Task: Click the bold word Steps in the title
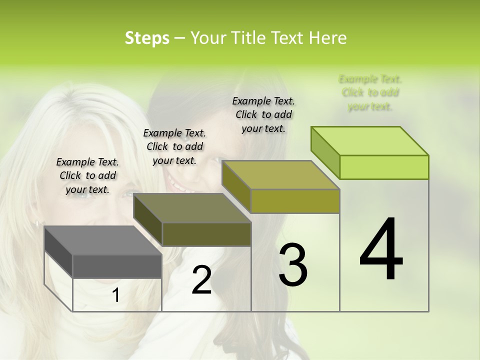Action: point(147,38)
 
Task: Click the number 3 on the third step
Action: point(293,265)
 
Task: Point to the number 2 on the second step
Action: point(201,280)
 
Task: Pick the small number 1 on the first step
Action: point(115,295)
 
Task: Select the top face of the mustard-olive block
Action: point(280,175)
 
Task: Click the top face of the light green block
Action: point(370,141)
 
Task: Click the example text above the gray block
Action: point(87,175)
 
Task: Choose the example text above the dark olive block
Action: point(174,146)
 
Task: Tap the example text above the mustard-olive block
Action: point(263,114)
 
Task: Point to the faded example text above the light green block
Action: point(370,92)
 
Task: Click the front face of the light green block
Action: point(384,167)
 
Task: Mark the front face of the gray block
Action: point(117,266)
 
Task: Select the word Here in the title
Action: point(328,38)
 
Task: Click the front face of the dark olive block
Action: point(206,234)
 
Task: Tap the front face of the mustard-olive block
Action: point(295,201)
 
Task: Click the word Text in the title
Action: point(288,38)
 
